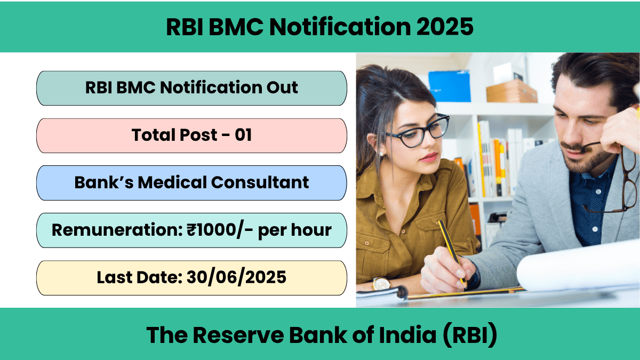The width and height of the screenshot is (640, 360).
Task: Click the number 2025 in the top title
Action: [445, 27]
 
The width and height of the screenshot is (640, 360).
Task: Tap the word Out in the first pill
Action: [282, 87]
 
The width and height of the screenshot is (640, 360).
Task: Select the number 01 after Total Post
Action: [243, 135]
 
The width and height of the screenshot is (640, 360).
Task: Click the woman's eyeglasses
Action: [417, 131]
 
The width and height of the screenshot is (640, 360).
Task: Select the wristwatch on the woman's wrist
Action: [381, 284]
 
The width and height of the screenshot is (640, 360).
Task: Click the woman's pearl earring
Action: [381, 154]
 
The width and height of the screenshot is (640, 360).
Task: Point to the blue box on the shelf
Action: [449, 86]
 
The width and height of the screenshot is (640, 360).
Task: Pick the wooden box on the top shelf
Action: [511, 91]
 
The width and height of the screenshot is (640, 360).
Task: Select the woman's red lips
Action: [429, 157]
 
